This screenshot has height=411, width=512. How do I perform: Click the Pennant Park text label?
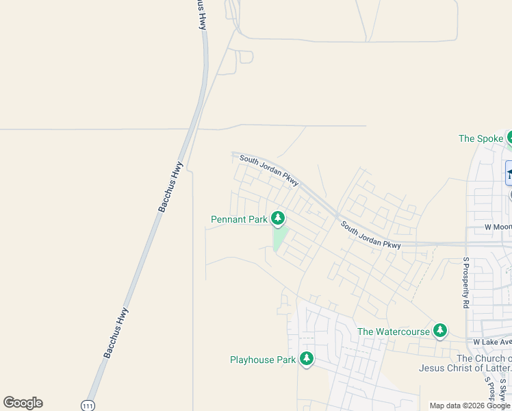coord(239,220)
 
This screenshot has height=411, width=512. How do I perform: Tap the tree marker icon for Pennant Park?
coord(277,218)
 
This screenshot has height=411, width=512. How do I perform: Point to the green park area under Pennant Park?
coord(279,238)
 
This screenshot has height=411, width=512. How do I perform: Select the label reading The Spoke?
coord(481,138)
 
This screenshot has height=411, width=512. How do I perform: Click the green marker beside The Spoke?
coord(509,137)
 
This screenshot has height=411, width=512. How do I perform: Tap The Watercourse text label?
coord(393,332)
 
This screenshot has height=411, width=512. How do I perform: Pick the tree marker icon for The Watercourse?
coord(440,331)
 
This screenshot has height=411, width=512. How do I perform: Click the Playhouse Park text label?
coord(262,360)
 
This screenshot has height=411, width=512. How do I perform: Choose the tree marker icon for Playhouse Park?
coord(307,358)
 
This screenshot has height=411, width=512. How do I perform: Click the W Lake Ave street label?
coord(492,342)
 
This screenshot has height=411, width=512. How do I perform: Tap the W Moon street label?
coord(498,227)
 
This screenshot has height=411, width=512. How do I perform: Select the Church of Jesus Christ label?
coord(465,363)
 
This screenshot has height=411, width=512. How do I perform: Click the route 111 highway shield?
coord(87,406)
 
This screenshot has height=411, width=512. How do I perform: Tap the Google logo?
coord(23,403)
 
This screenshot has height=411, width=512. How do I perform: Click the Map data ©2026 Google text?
coord(470,406)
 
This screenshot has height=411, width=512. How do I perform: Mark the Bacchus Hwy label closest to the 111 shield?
coord(116,333)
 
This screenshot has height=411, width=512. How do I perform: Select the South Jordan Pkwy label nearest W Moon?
coord(370,235)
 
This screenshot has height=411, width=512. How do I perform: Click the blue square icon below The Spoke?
coord(509,173)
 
